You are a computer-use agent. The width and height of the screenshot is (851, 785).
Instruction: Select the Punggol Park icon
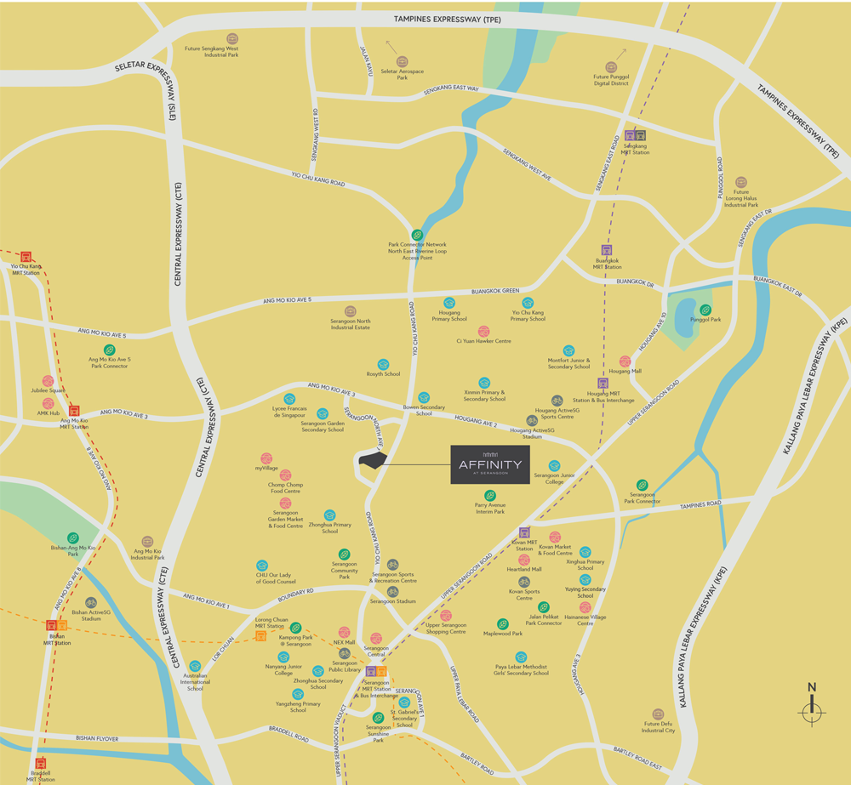coord(705,310)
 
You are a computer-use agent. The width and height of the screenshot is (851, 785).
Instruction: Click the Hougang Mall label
coord(625,372)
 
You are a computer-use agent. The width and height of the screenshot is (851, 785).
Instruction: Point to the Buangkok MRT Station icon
coord(607,250)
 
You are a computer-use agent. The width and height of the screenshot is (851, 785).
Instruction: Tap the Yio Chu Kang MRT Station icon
coord(26,255)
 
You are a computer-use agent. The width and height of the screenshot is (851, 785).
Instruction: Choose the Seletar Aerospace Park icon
coord(403,62)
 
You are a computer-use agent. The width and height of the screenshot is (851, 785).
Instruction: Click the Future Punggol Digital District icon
coord(611,67)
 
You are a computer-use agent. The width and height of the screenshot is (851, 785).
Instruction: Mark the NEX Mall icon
coord(344,632)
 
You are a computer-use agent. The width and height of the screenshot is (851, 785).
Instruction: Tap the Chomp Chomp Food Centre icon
coord(285,475)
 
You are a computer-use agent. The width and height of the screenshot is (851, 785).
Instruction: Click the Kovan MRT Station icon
coord(524,532)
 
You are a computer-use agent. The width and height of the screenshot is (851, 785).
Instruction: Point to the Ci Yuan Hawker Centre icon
coord(483,331)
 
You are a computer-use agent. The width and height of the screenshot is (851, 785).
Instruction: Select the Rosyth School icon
coord(383,364)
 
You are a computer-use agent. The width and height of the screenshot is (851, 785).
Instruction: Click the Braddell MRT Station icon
coord(40,763)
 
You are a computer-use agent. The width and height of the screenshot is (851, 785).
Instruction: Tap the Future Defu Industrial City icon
coord(658,714)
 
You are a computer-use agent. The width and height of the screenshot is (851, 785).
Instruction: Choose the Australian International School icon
coord(195,666)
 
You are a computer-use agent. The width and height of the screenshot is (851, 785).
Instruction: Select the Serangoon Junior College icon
coord(554,465)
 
